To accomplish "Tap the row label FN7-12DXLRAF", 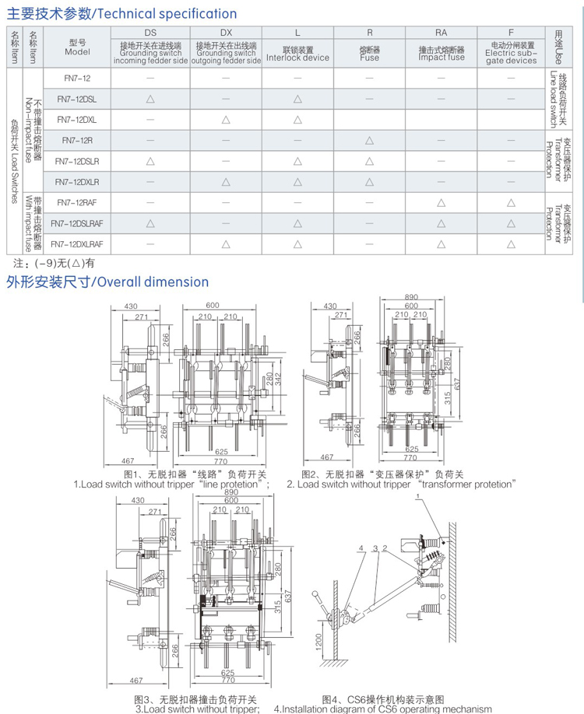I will coord(76,244).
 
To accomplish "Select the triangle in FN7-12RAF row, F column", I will coord(511,202).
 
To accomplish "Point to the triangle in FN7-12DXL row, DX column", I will coord(225,119).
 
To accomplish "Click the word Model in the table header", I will coord(77,52).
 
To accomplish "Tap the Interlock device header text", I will coord(297,58).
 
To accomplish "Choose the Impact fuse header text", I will coord(441,58).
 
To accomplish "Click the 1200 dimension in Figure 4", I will coord(319,640).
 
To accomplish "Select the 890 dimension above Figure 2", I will coord(412,297).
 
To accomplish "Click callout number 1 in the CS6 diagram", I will coord(418,495).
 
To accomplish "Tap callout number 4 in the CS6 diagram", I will coord(361,548).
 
